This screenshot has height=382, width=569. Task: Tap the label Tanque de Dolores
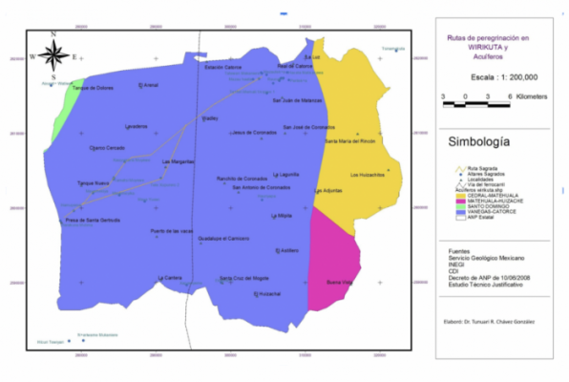(93, 89)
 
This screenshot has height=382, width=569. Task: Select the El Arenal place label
(148, 86)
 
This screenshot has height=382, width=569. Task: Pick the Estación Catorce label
(223, 67)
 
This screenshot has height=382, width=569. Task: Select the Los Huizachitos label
(367, 175)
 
